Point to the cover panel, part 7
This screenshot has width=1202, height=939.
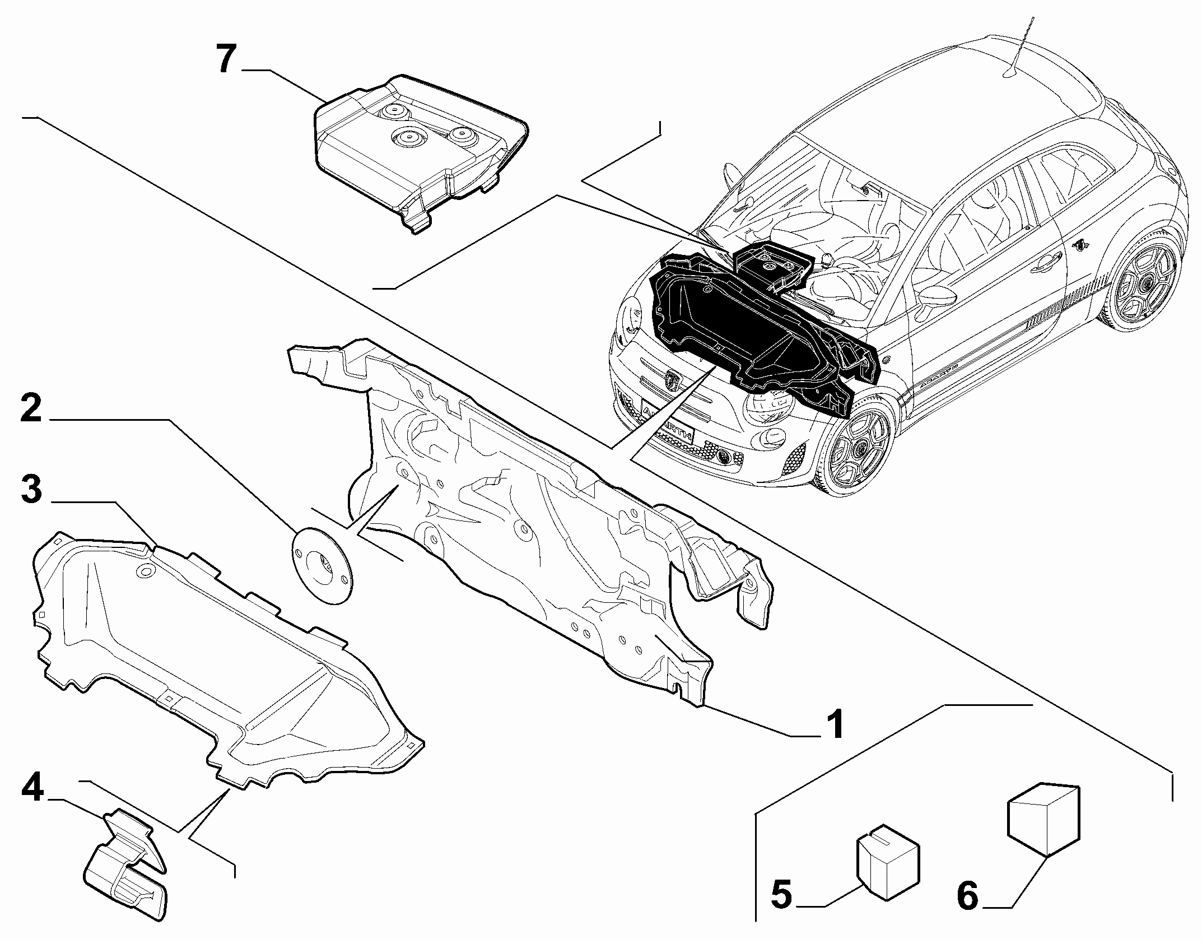pyautogui.click(x=420, y=151)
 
